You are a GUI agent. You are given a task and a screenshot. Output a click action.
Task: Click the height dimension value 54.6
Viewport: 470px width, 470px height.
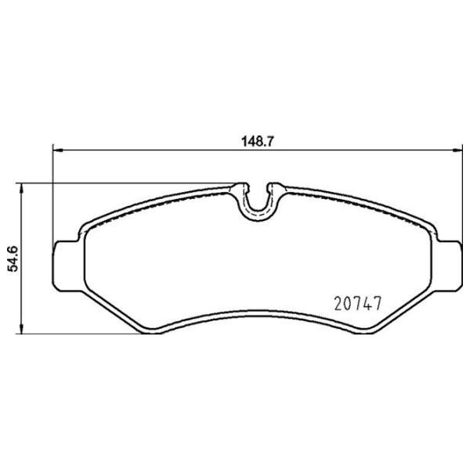[13, 257]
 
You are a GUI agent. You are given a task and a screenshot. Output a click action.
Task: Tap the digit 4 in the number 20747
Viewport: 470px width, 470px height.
[365, 301]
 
